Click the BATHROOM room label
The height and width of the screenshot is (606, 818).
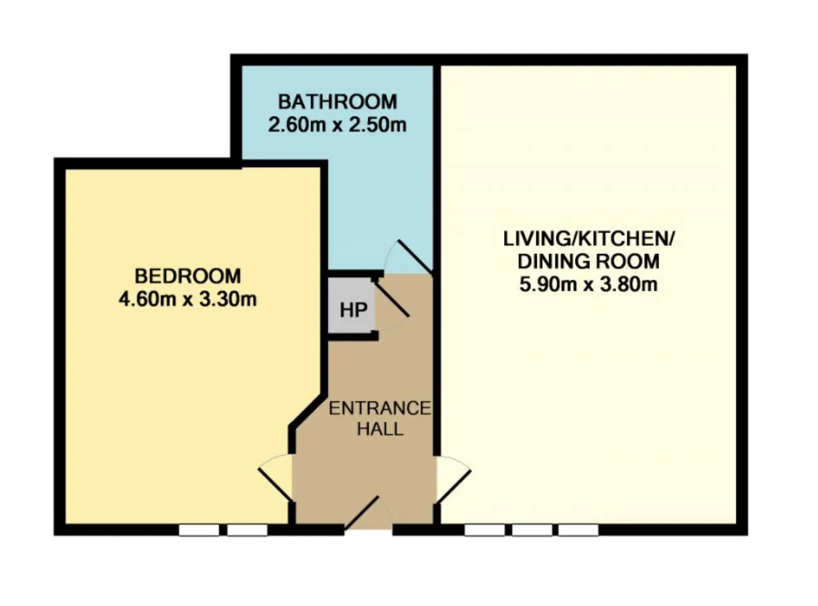click(337, 102)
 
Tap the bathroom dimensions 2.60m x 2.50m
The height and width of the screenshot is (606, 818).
click(337, 125)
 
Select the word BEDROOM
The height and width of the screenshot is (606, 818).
click(188, 276)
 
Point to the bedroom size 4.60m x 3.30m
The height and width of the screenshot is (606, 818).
click(188, 299)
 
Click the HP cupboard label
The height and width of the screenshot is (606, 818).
click(353, 310)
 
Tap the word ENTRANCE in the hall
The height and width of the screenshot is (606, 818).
click(380, 408)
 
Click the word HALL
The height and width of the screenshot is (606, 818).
click(380, 429)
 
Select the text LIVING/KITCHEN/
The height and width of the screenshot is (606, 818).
click(589, 239)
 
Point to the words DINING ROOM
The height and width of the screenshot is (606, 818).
click(589, 262)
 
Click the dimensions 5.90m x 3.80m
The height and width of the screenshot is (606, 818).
click(589, 284)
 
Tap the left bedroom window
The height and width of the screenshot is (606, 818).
click(199, 530)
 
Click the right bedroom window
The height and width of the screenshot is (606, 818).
click(247, 530)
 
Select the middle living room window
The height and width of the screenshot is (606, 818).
click(532, 530)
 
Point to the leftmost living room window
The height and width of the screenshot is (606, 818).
click(484, 530)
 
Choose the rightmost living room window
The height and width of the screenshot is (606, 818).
click(578, 530)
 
